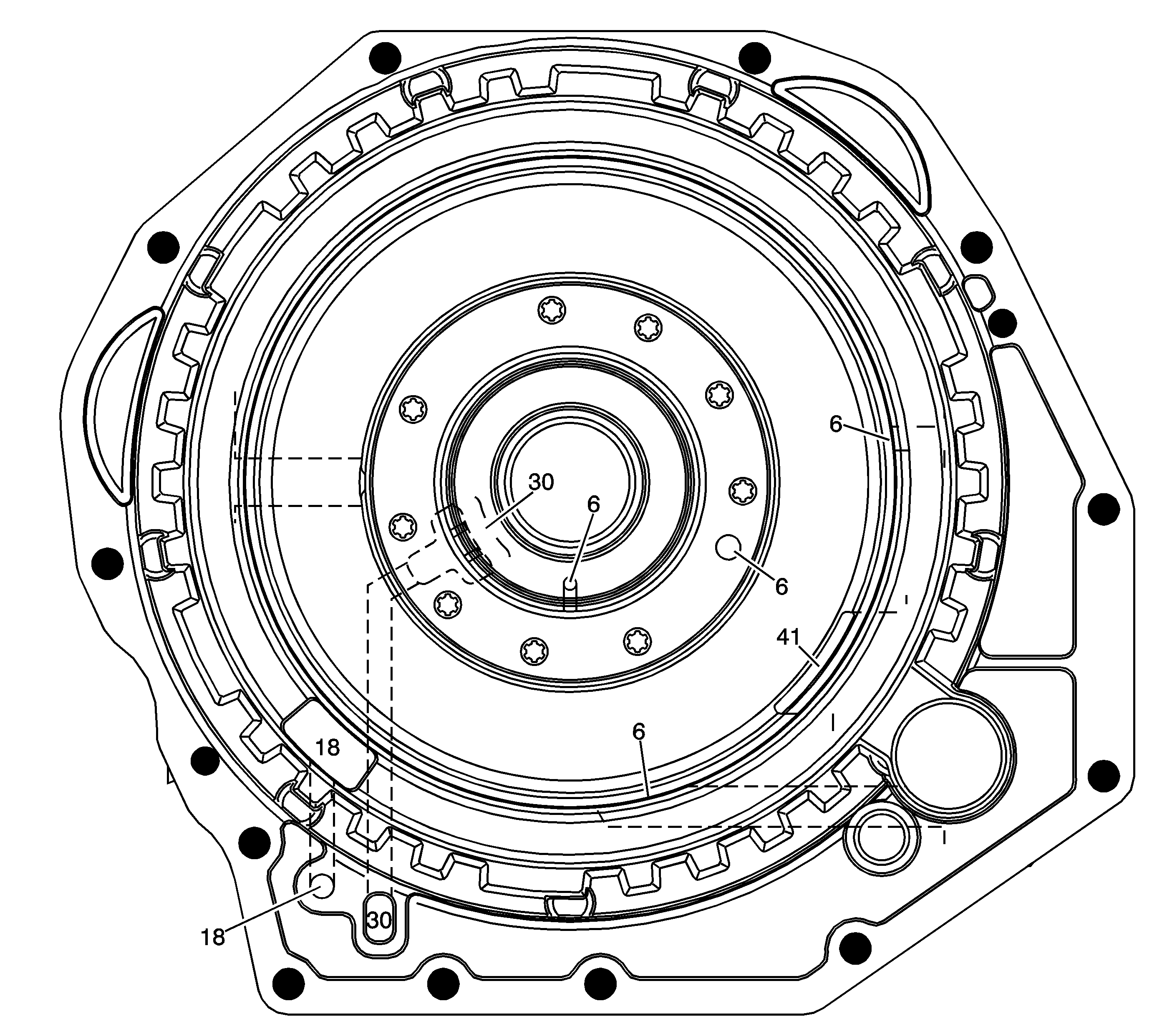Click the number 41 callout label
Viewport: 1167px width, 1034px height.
[789, 637]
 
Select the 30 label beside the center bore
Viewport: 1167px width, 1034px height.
[541, 482]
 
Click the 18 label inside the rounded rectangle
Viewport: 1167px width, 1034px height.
[328, 747]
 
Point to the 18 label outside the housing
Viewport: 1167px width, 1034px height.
[213, 937]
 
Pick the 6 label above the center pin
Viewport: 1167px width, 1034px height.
[594, 504]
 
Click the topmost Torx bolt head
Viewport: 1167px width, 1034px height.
[552, 311]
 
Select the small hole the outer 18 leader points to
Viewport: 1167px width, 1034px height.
[322, 886]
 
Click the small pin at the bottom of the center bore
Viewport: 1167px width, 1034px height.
[570, 585]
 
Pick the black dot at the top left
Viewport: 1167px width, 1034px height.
[386, 58]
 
